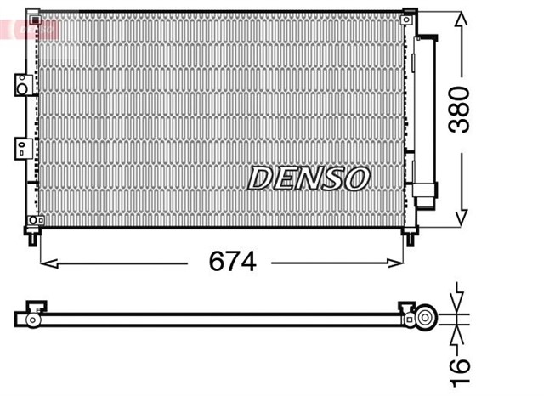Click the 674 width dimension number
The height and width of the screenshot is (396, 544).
click(232, 262)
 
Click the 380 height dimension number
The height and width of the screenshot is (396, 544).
click(460, 108)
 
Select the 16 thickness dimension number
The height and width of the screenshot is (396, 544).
click(458, 365)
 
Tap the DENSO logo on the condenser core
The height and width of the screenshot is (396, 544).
click(309, 178)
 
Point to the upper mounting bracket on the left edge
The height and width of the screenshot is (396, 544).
click(21, 84)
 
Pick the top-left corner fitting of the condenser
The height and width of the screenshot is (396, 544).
click(33, 16)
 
